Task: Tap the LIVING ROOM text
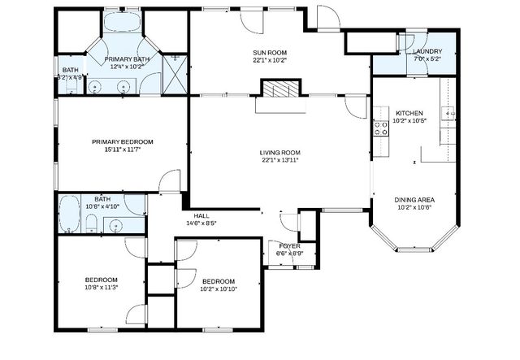[x=280, y=152]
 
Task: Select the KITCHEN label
[x=409, y=112]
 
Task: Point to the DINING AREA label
[x=414, y=199]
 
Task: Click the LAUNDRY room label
[x=427, y=50]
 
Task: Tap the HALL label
[x=201, y=215]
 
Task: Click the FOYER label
[x=290, y=245]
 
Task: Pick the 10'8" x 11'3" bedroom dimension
[x=102, y=288]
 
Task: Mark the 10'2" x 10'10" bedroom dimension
[x=218, y=288]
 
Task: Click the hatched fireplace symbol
[x=280, y=89]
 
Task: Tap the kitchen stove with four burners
[x=379, y=128]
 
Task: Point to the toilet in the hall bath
[x=92, y=224]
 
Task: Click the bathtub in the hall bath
[x=69, y=213]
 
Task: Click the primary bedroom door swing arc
[x=169, y=180]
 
